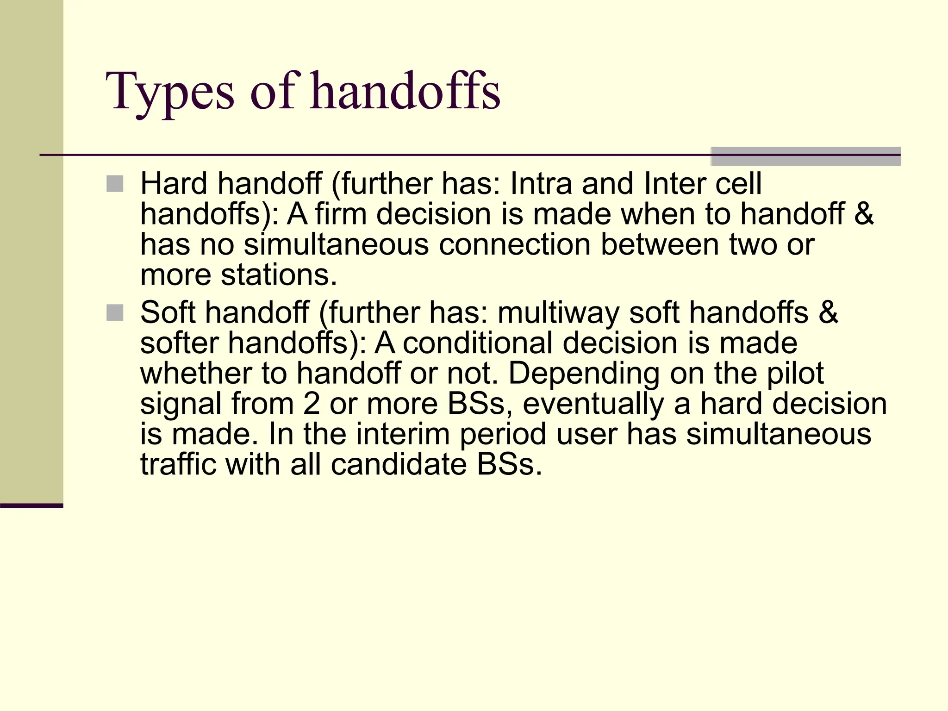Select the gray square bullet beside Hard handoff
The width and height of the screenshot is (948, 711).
(115, 184)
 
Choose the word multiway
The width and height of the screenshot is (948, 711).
(558, 313)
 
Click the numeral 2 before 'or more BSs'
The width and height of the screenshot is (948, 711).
(312, 404)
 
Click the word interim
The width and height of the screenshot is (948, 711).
(403, 435)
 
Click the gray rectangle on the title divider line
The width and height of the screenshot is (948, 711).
(805, 156)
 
